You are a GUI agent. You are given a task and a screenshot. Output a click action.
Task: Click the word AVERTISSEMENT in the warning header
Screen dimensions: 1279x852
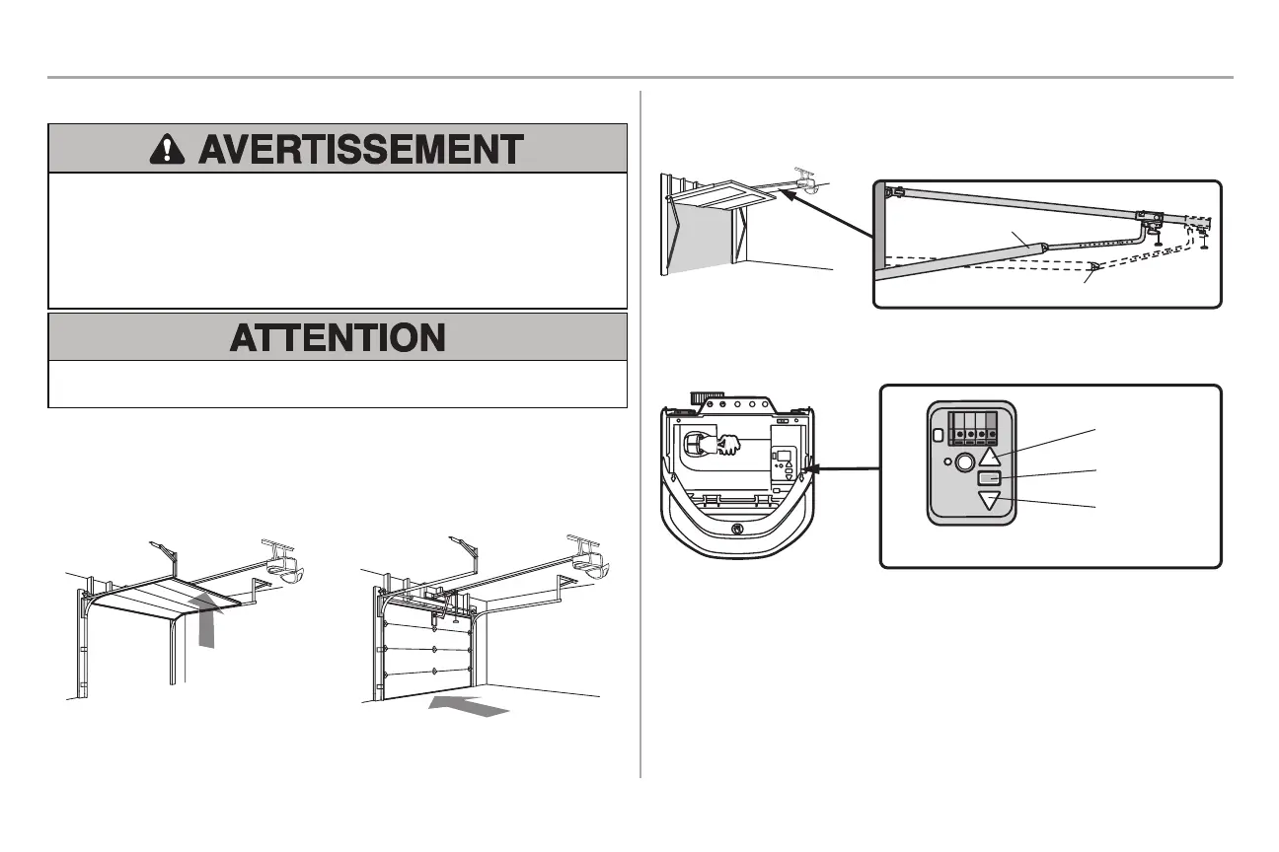click(359, 150)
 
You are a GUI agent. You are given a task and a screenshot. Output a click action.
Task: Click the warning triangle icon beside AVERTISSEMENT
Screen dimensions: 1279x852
click(171, 150)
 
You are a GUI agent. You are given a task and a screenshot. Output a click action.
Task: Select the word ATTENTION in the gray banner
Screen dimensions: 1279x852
click(338, 338)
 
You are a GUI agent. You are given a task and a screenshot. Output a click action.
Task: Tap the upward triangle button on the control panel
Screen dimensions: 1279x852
click(990, 456)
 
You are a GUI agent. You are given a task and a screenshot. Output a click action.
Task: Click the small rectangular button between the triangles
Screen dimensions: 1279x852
click(990, 478)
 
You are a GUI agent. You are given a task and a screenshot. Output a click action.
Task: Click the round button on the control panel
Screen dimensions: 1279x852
click(964, 460)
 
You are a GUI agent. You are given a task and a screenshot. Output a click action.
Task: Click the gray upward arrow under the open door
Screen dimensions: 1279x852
click(206, 620)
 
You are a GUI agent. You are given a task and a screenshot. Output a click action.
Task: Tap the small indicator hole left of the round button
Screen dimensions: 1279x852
click(947, 461)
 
